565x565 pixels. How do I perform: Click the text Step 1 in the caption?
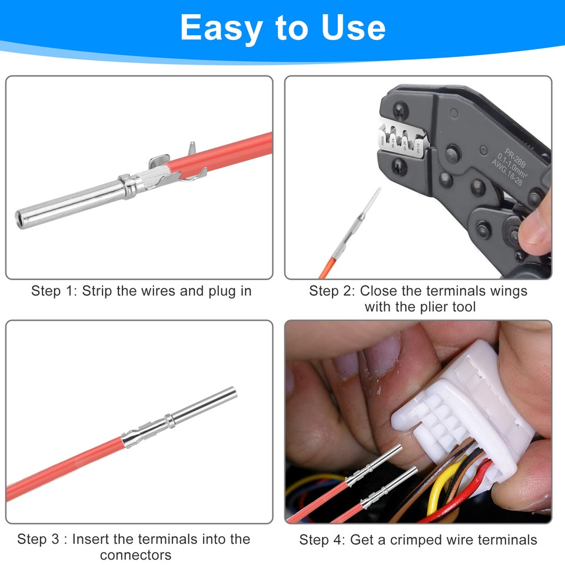(x=54, y=291)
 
